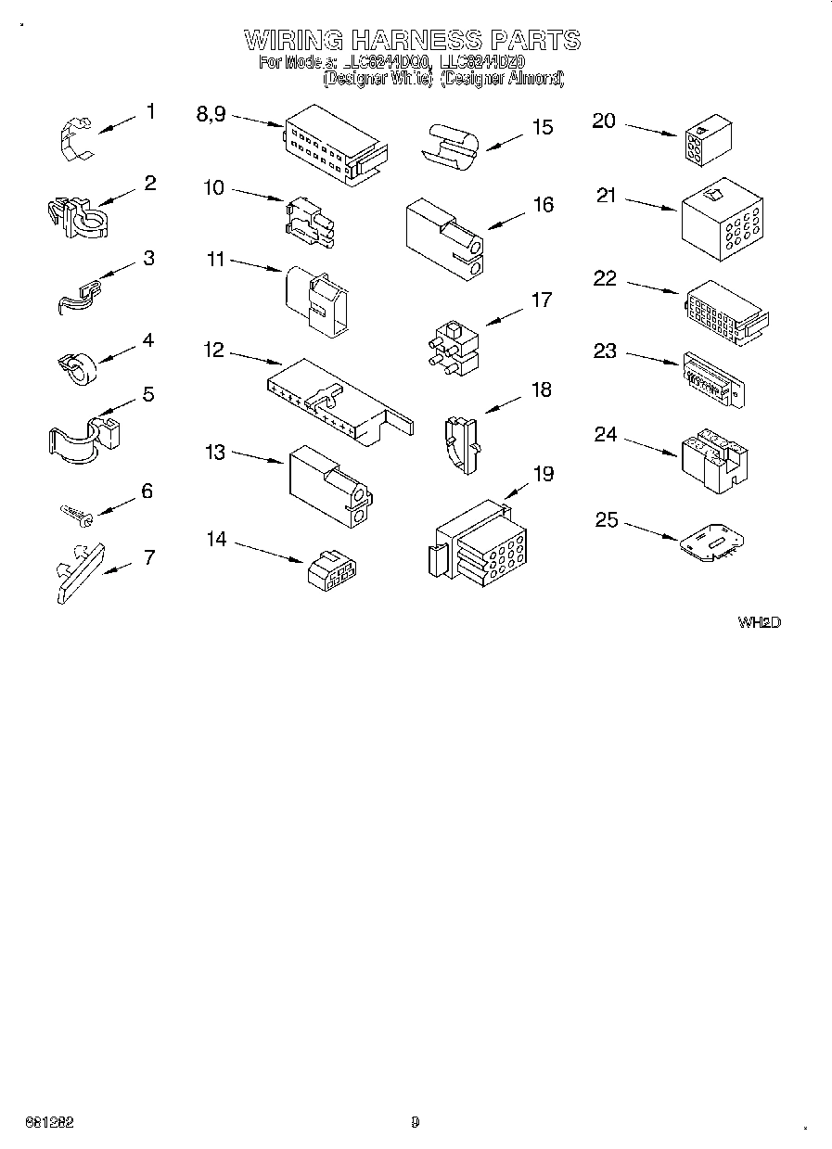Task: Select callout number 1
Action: (150, 112)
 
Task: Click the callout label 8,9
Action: (211, 113)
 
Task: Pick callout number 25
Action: (606, 520)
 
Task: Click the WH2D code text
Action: (759, 622)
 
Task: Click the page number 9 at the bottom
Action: (415, 1122)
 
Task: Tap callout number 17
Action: (541, 300)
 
